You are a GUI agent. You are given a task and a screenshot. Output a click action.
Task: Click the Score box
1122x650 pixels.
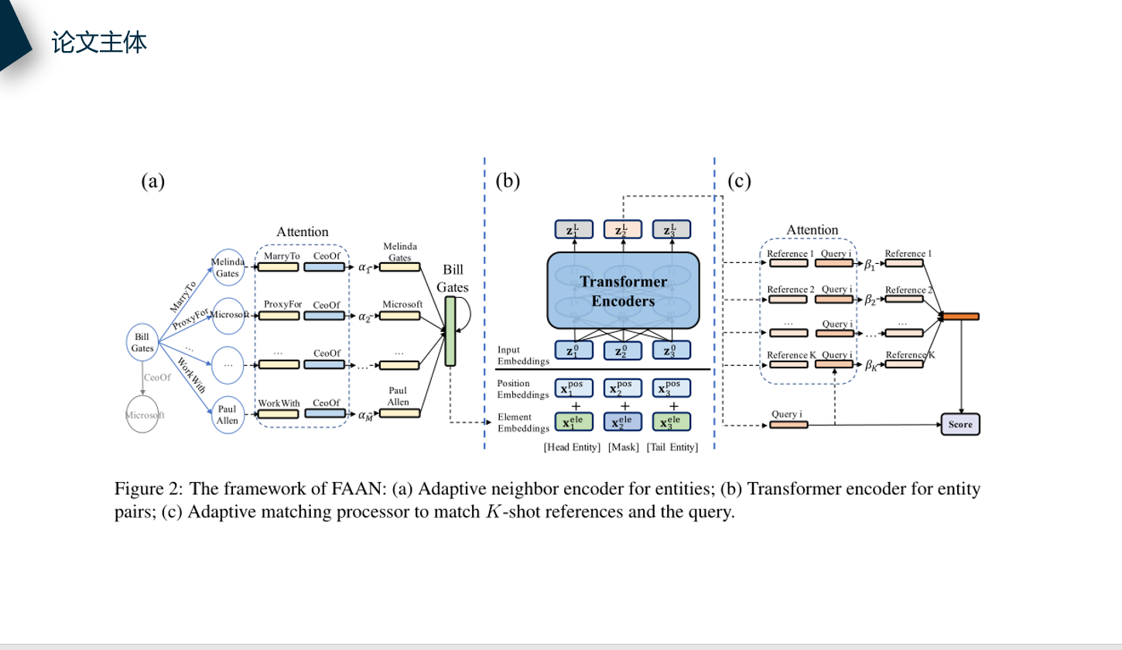(x=960, y=425)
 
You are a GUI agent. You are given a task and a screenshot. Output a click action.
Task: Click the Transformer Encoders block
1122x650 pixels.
(x=623, y=292)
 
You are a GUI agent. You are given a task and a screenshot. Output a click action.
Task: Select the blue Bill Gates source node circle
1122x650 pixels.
(x=142, y=343)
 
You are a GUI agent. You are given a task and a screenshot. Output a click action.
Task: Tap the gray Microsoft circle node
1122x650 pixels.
(x=145, y=415)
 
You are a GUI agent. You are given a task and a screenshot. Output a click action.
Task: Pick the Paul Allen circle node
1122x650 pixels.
(x=227, y=414)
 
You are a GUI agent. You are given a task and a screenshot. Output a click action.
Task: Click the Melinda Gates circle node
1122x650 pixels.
(x=227, y=268)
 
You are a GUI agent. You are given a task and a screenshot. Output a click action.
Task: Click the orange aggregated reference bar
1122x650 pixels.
(x=960, y=316)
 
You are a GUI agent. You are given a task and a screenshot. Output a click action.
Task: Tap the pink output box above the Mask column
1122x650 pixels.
(x=624, y=230)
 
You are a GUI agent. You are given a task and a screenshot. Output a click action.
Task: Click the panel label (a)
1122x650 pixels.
(x=153, y=182)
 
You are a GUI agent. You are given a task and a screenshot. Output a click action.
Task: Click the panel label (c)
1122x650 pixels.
(x=739, y=182)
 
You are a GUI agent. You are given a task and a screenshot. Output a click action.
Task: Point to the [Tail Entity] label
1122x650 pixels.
(x=672, y=448)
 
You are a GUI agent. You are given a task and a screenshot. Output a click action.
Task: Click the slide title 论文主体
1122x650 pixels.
(x=99, y=42)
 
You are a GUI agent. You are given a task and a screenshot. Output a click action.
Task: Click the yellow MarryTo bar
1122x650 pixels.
(x=278, y=267)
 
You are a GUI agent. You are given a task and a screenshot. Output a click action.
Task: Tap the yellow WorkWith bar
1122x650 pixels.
(x=278, y=414)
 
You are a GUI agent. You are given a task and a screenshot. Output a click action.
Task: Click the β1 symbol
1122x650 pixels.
(x=869, y=265)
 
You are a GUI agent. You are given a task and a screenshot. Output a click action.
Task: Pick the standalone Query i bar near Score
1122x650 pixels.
(x=788, y=425)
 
